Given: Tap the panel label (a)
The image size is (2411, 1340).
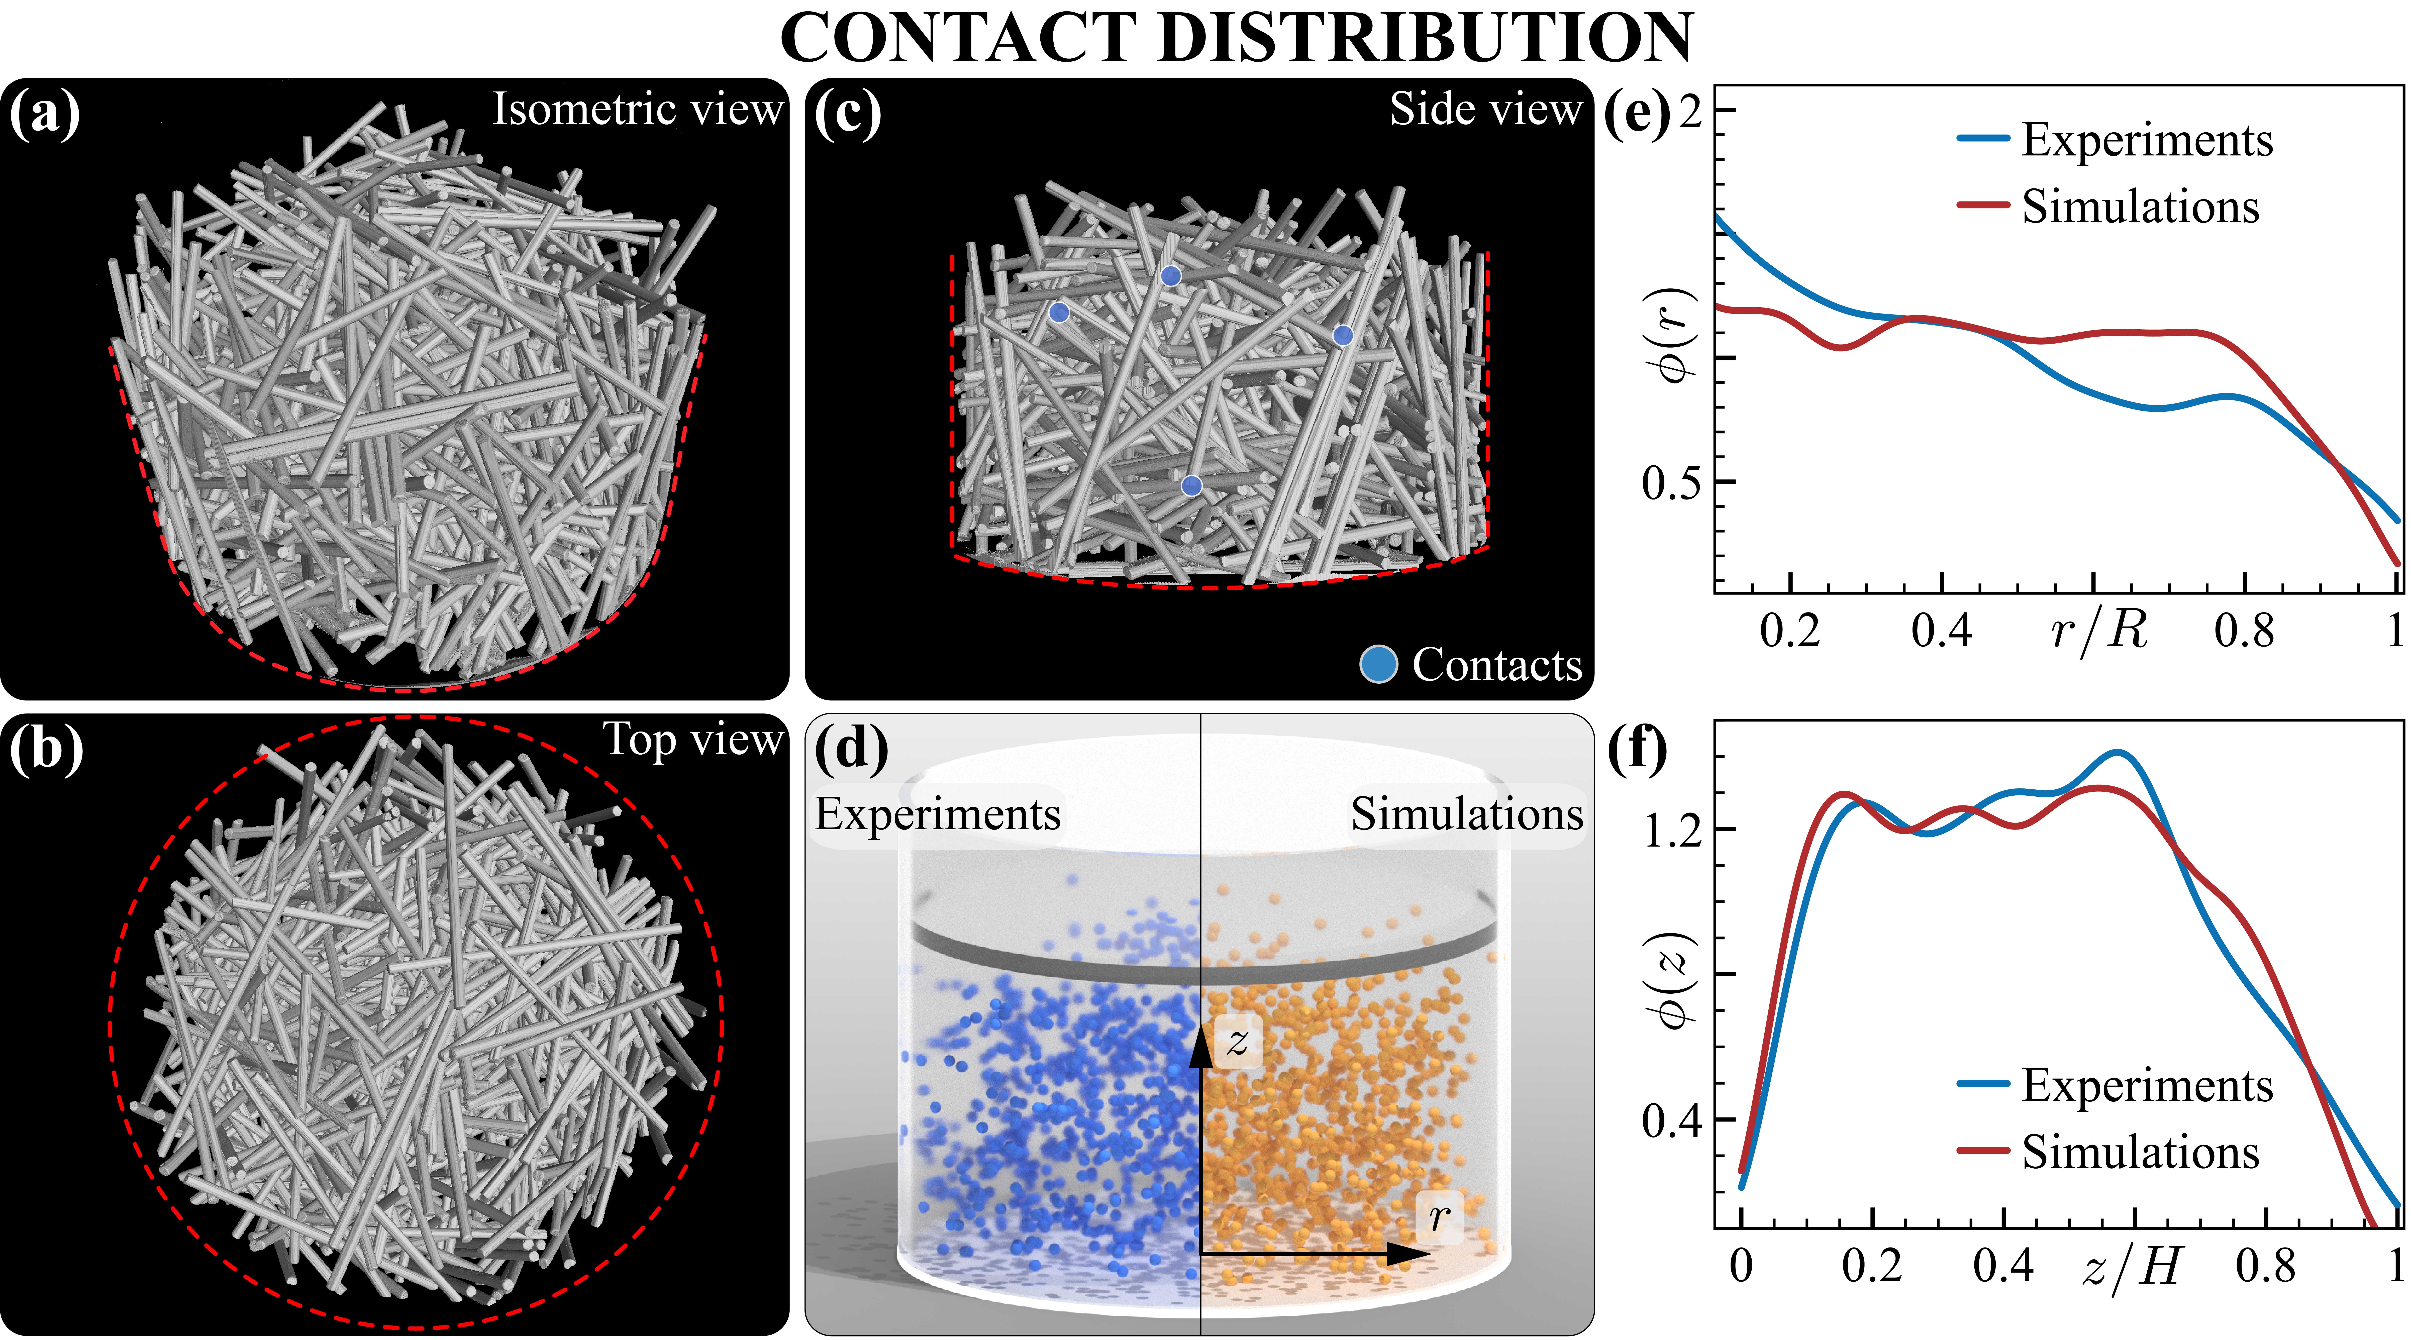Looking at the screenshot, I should (x=44, y=115).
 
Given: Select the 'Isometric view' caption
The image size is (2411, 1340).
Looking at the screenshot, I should (x=637, y=110).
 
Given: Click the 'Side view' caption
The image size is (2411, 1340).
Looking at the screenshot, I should (x=1485, y=110).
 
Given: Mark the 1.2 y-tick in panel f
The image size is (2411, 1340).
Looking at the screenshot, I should (x=1672, y=830).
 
